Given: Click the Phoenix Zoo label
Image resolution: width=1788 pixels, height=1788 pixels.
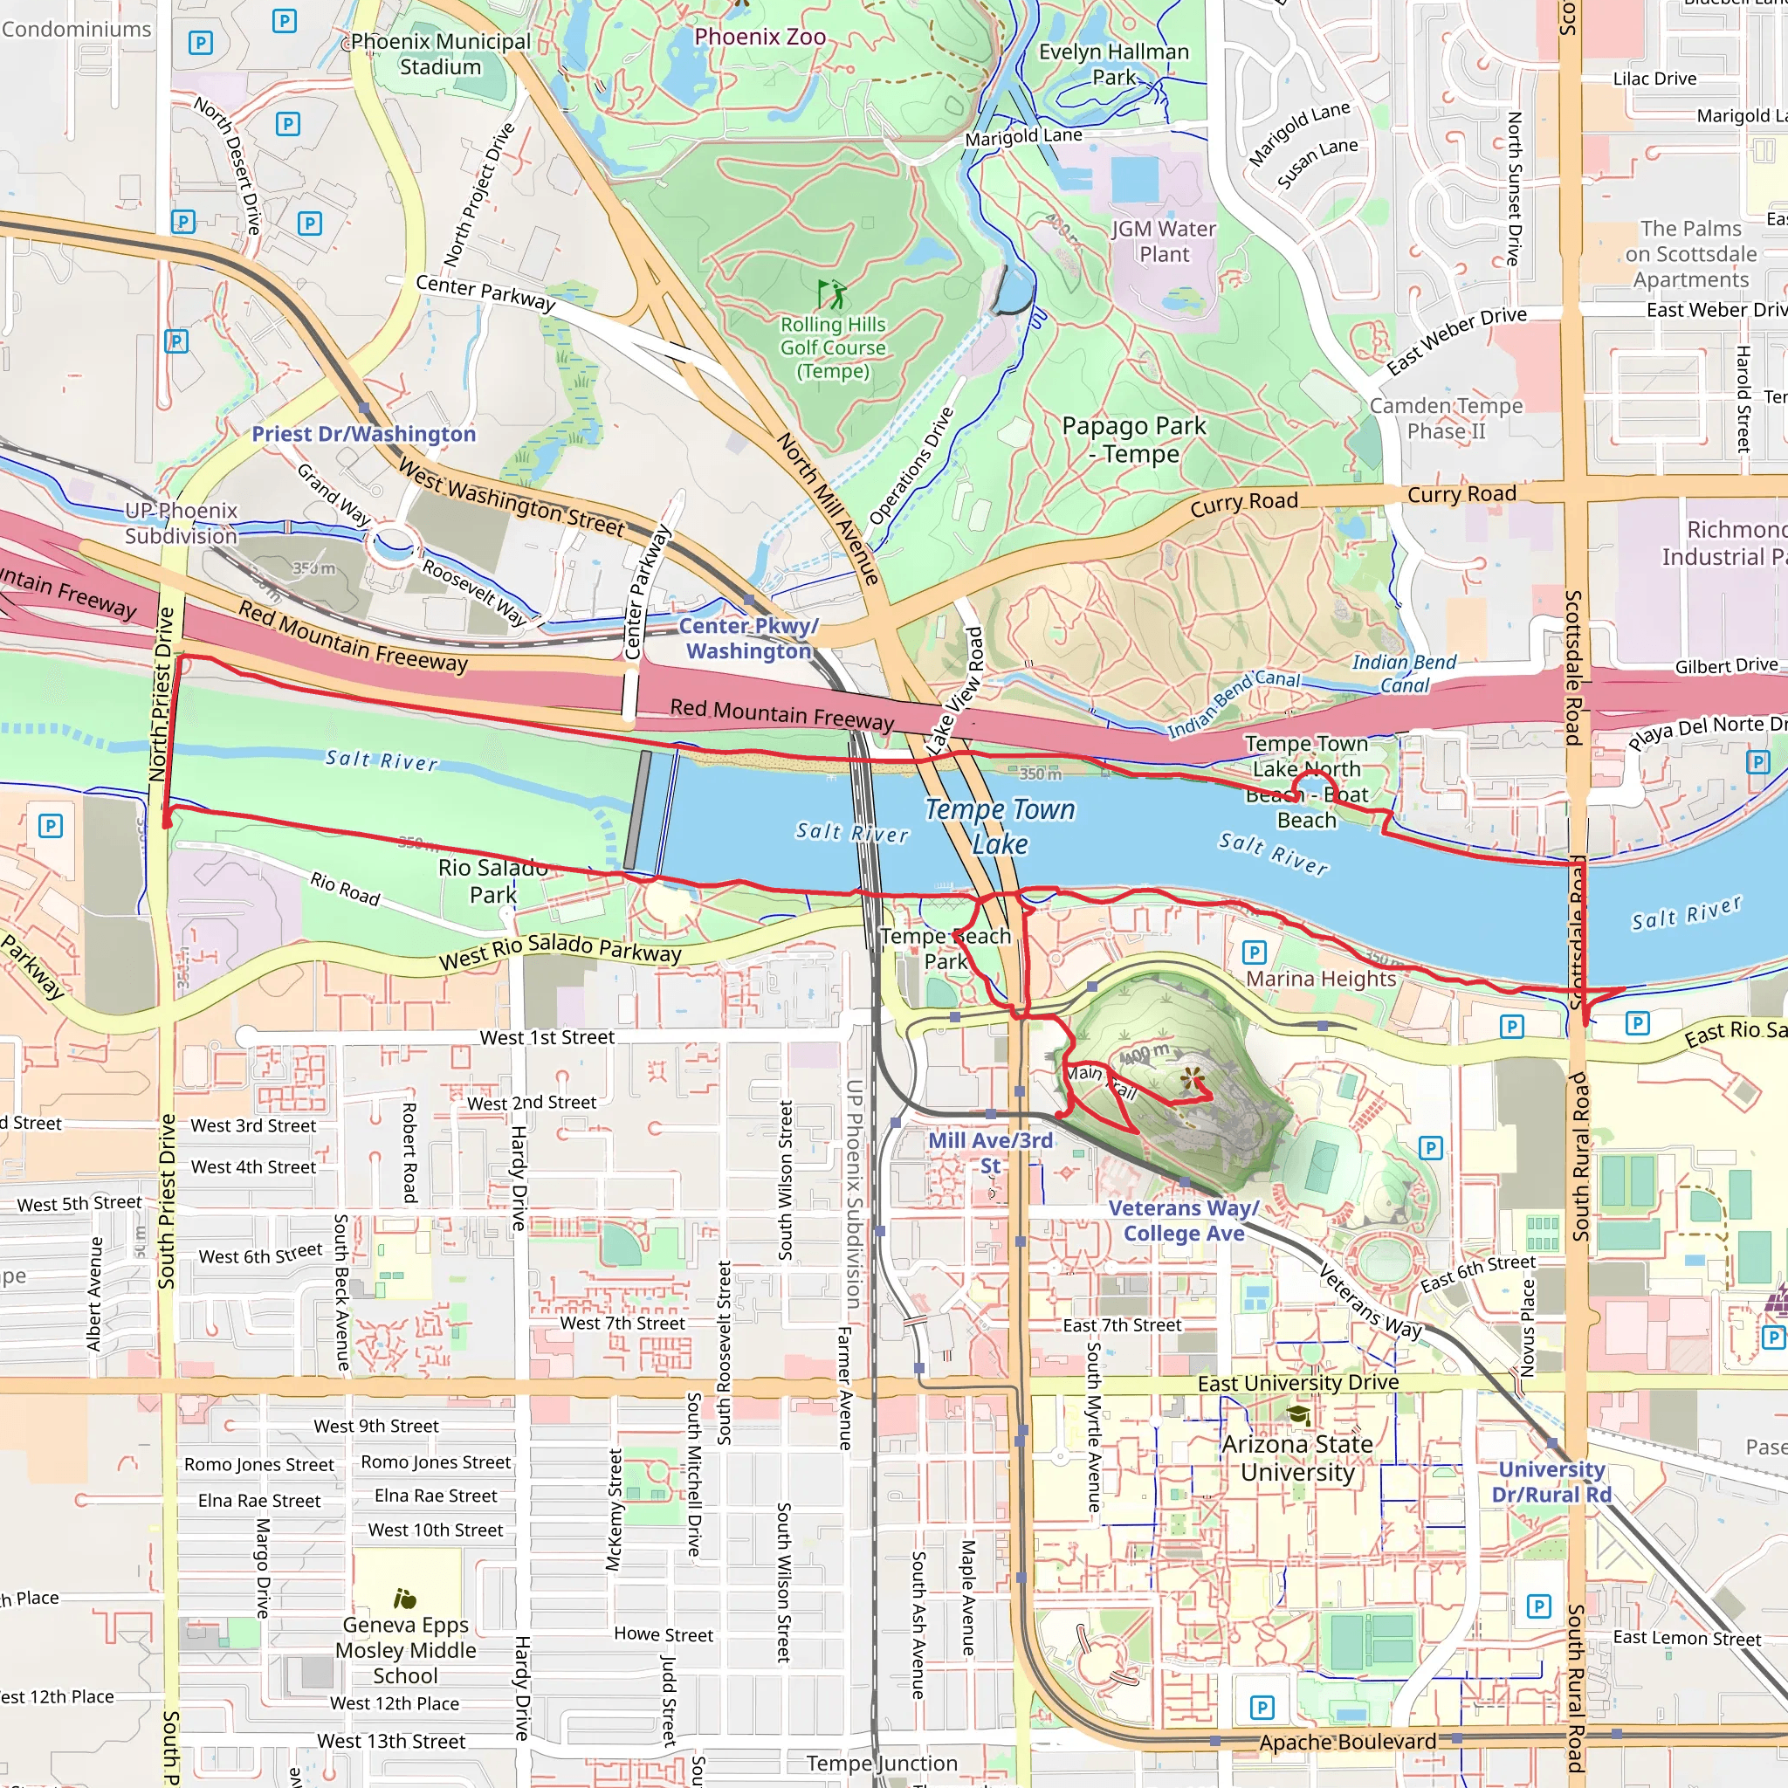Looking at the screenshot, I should click(760, 37).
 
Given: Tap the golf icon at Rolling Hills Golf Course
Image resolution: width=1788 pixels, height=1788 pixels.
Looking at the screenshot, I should click(831, 294).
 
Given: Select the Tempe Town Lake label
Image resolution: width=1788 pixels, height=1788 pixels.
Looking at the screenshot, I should click(1001, 827).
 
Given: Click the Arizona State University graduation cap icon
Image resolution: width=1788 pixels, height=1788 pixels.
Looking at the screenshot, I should click(1298, 1415).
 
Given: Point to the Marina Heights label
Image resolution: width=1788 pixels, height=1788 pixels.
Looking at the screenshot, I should click(1321, 980).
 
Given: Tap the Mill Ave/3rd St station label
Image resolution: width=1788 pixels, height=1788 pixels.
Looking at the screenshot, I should click(990, 1152).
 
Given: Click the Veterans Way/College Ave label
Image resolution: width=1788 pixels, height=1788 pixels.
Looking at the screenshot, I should click(1184, 1221).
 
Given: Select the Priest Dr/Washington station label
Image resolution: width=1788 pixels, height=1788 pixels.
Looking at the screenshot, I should click(364, 434).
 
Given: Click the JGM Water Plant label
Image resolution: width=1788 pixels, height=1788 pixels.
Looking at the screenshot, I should click(1163, 241).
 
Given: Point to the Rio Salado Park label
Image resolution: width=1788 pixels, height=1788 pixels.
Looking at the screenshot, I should click(492, 881).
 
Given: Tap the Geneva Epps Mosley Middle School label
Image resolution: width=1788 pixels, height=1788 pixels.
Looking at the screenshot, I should click(405, 1650).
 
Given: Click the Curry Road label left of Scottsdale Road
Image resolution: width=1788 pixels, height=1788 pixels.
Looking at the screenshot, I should click(1461, 494).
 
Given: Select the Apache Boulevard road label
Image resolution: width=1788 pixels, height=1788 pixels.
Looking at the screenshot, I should click(1347, 1743).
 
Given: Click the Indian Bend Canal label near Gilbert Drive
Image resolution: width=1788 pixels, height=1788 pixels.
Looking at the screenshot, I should click(1404, 673).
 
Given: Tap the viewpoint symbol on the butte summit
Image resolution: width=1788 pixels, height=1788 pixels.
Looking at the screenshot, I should click(1192, 1076).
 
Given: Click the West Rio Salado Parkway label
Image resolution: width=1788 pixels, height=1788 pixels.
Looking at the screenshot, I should click(560, 952).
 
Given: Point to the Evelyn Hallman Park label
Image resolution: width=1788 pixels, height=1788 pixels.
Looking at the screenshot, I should click(1113, 64).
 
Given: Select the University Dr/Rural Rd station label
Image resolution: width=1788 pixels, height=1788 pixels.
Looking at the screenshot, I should click(1551, 1482).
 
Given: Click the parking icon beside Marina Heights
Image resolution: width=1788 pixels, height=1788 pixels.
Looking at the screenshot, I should click(1254, 952).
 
